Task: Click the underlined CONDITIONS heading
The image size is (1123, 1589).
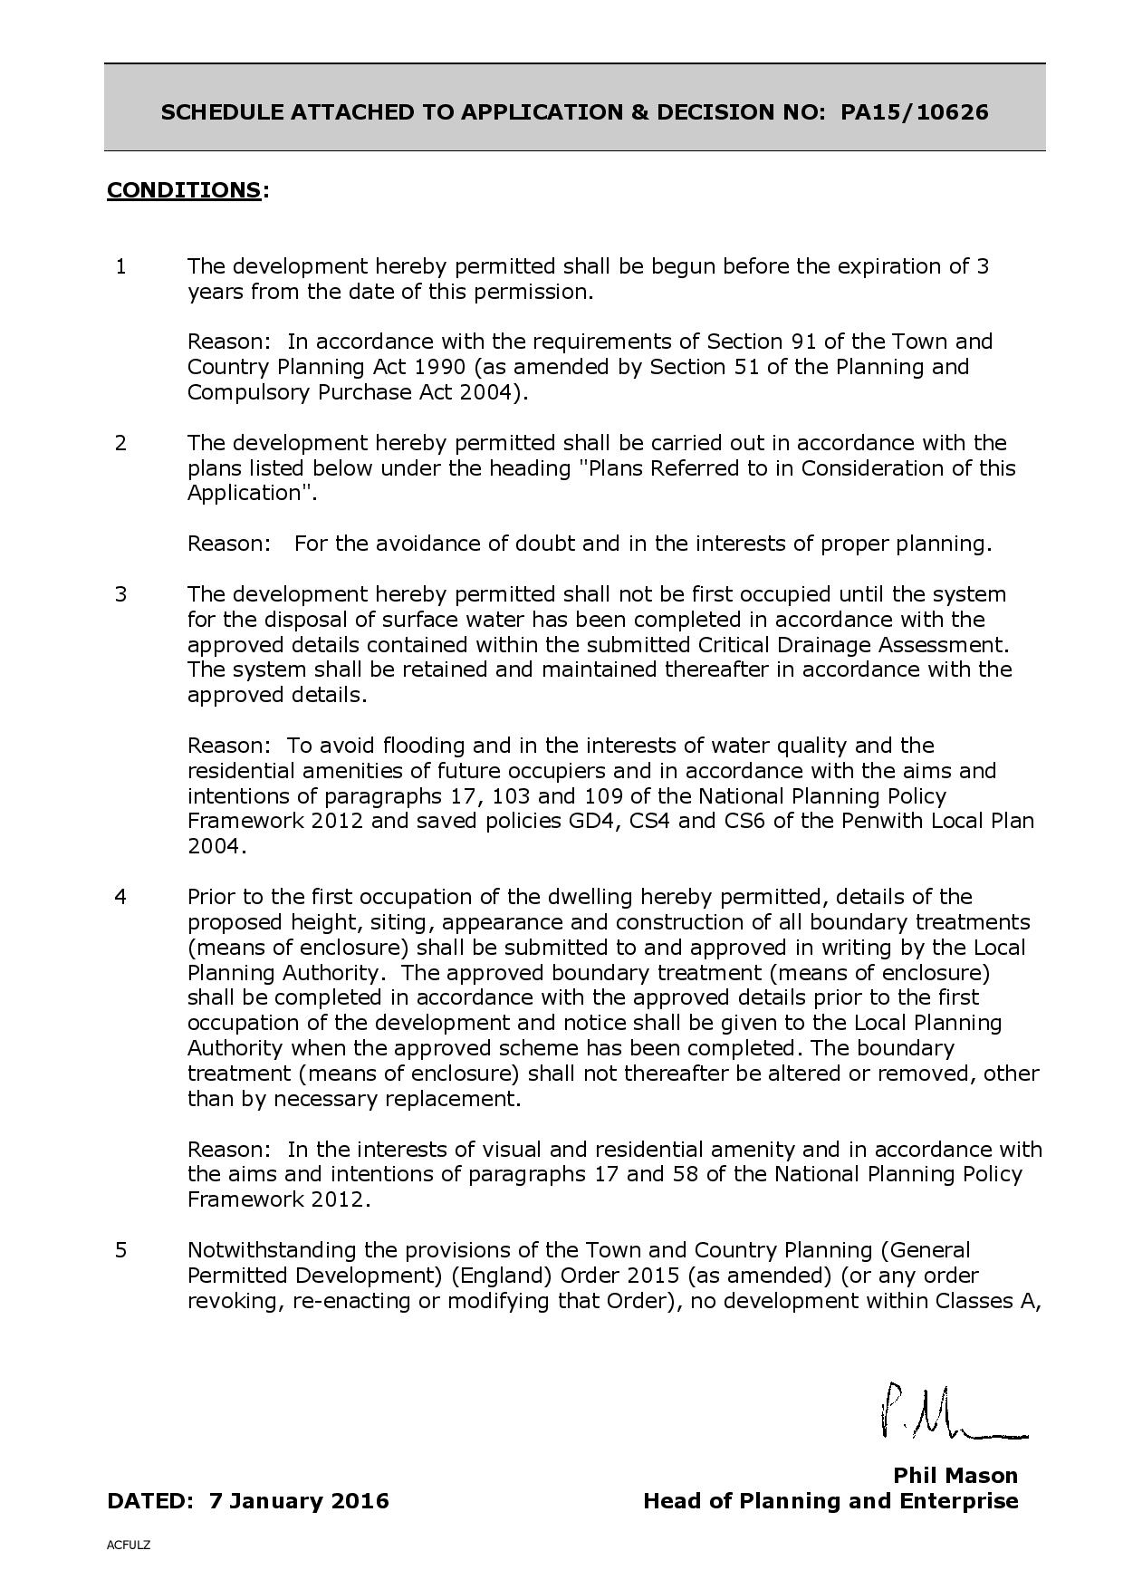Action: coord(184,189)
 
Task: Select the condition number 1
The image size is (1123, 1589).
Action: coord(120,266)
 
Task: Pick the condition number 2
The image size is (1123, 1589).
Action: coord(120,443)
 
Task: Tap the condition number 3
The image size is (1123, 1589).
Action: coord(120,594)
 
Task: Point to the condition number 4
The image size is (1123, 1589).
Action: coord(120,897)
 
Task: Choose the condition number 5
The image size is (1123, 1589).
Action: coord(120,1250)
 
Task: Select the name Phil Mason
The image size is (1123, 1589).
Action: coord(955,1476)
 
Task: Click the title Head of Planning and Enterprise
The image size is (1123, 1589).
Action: coord(830,1501)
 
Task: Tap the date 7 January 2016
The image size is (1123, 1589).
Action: coord(299,1501)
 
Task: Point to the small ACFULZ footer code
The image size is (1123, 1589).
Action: coord(128,1546)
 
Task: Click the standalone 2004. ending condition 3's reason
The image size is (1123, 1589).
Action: coord(216,846)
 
